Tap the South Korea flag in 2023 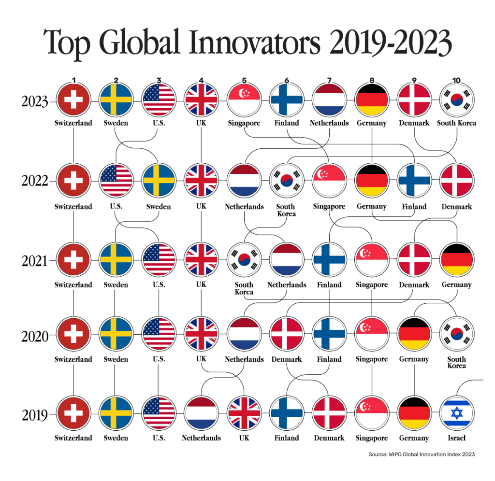[x=457, y=99]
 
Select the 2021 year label [x=35, y=261]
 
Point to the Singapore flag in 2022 [x=329, y=180]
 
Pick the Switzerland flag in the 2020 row [x=73, y=334]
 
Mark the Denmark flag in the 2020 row [x=287, y=334]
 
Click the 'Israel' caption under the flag [x=456, y=438]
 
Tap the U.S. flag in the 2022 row [x=116, y=180]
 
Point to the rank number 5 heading [x=244, y=80]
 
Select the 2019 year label [x=35, y=415]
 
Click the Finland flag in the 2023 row [x=287, y=99]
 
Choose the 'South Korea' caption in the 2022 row [x=286, y=210]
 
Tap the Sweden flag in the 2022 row [x=159, y=180]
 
